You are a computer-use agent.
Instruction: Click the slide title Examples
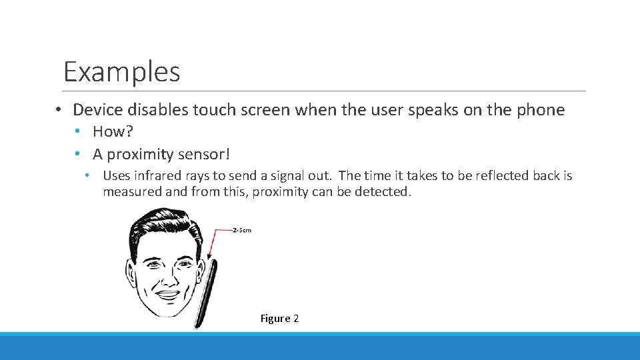121,71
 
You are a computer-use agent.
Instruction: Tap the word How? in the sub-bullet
113,131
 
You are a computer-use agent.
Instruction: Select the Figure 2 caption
279,319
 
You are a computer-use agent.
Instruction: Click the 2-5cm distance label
242,230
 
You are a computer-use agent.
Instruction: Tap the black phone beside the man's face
205,293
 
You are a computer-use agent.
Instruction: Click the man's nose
167,275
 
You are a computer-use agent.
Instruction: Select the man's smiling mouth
167,293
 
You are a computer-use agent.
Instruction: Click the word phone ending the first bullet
541,110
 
